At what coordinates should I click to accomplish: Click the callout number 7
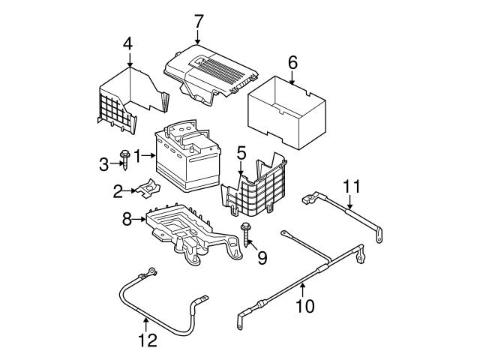pyautogui.click(x=198, y=21)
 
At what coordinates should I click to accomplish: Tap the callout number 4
pyautogui.click(x=128, y=43)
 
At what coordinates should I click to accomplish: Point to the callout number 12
pyautogui.click(x=148, y=340)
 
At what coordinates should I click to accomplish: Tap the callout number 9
pyautogui.click(x=262, y=259)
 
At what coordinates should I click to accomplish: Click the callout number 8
pyautogui.click(x=127, y=220)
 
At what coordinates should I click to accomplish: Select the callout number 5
pyautogui.click(x=241, y=154)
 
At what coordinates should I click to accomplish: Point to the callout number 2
pyautogui.click(x=118, y=192)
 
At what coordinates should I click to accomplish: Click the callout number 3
pyautogui.click(x=104, y=163)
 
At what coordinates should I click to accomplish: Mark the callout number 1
pyautogui.click(x=136, y=155)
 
